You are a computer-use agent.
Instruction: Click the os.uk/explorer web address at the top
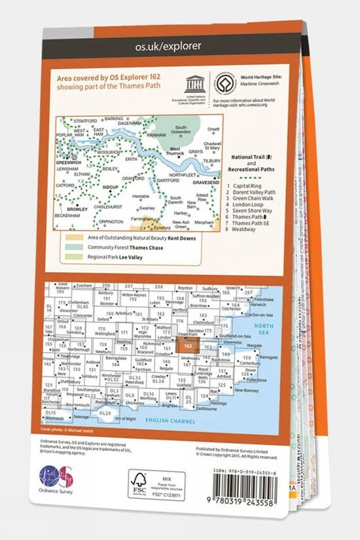click(x=159, y=46)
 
